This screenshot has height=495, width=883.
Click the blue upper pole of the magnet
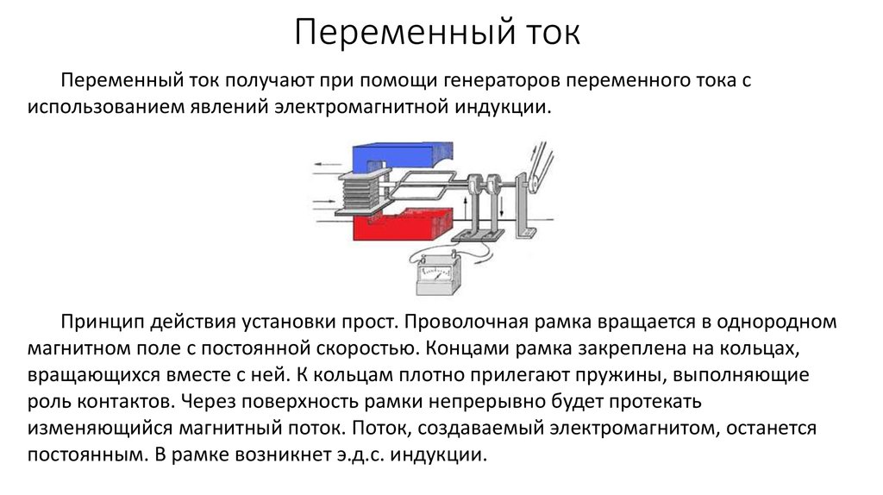click(392, 154)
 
